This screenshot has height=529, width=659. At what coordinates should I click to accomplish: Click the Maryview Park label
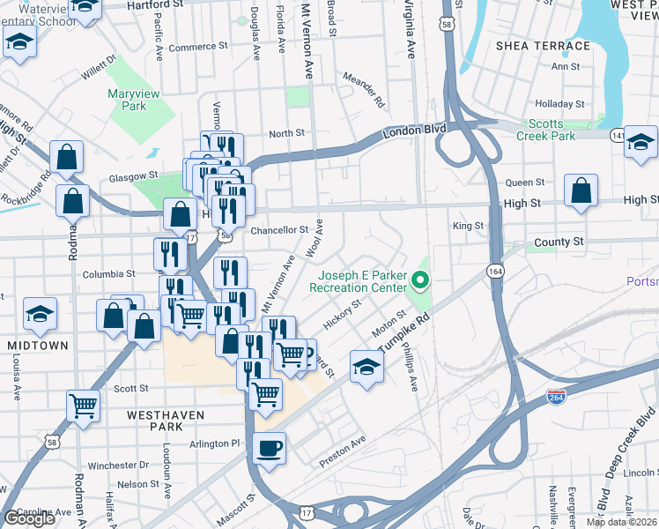(x=127, y=99)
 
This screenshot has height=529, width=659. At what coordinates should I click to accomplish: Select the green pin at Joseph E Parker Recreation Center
(x=420, y=281)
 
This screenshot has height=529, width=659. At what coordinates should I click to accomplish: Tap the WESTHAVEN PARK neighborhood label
(x=166, y=421)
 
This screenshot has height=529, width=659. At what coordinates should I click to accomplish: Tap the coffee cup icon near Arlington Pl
(x=270, y=448)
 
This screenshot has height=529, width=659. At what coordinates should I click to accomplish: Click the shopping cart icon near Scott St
(x=83, y=406)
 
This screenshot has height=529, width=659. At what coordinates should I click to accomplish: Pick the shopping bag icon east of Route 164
(x=581, y=191)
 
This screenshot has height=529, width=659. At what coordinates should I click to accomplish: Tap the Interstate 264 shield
(x=556, y=397)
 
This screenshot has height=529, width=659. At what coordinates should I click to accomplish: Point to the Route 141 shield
(x=618, y=134)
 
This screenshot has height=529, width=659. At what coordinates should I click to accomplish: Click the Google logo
(x=29, y=518)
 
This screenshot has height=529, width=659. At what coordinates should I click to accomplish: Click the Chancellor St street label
(x=278, y=229)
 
